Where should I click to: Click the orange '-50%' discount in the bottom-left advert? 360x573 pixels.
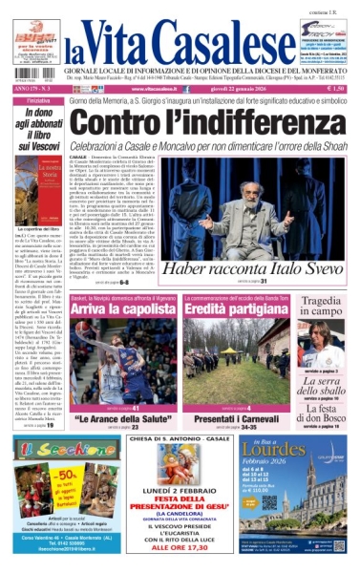tap(40, 474)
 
